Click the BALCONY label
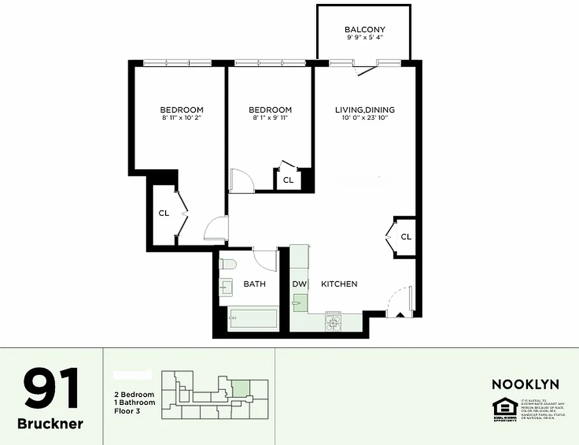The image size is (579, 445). (365, 29)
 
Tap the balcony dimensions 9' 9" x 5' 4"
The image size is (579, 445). (365, 38)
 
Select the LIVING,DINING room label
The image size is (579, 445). (365, 110)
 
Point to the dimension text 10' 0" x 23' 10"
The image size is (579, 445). (365, 117)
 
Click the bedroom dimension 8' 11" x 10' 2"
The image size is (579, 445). (182, 117)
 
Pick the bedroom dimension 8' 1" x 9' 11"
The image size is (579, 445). (270, 117)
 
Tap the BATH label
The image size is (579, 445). (254, 284)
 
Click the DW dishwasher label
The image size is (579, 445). (300, 284)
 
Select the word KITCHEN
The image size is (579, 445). (339, 284)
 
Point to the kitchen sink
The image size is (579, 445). (300, 303)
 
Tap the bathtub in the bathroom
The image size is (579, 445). (253, 320)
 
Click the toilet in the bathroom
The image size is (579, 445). (228, 264)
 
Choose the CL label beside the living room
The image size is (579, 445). (406, 236)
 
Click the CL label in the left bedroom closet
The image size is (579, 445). (164, 212)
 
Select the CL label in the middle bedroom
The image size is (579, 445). (288, 180)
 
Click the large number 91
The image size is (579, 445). (51, 389)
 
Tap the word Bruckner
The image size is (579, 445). (51, 424)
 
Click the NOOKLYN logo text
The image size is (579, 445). (525, 384)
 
